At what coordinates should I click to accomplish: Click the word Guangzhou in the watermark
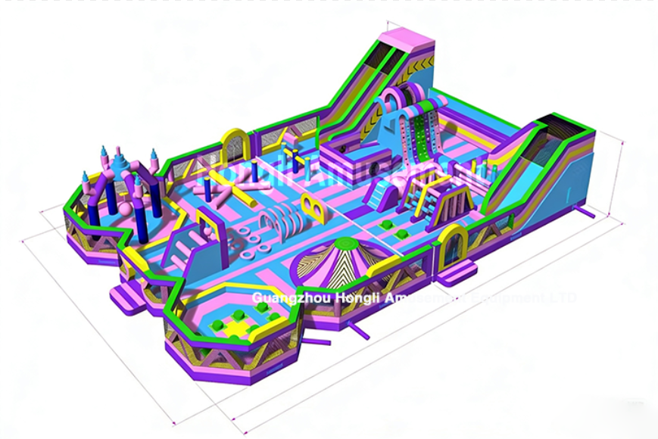point(282,297)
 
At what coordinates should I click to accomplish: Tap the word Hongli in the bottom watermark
point(353,297)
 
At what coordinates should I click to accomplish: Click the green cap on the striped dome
point(345,243)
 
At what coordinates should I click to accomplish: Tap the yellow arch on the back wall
point(235,144)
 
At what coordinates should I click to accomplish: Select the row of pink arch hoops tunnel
point(274,223)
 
